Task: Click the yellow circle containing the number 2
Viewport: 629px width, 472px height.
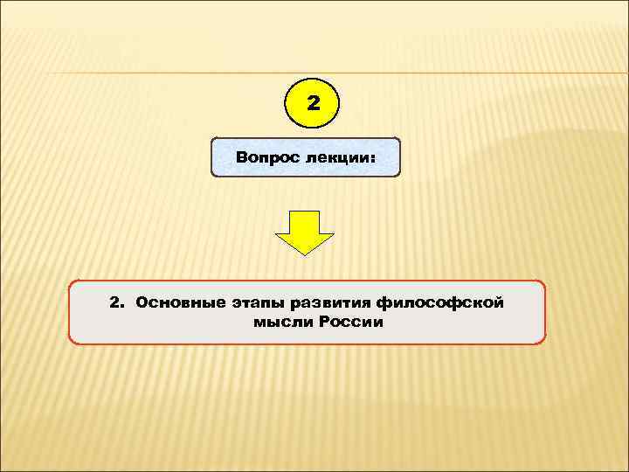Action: tap(313, 103)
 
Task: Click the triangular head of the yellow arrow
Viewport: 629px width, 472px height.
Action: tap(305, 243)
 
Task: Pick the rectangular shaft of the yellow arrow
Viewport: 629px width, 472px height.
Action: tap(305, 222)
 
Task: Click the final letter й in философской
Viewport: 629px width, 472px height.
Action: tap(500, 302)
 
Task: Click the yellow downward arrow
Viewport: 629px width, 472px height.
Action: tap(305, 233)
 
